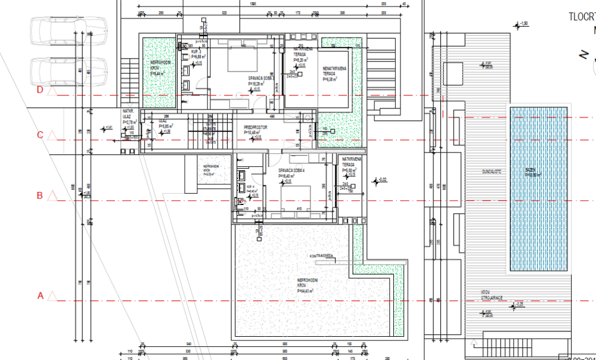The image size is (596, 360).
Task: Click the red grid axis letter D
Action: (41, 90)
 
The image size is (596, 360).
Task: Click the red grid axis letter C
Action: (41, 135)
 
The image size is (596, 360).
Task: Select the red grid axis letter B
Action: (41, 195)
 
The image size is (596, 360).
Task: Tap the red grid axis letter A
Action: (41, 295)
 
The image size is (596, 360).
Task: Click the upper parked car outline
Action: (67, 29)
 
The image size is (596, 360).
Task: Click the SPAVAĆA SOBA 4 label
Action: (292, 170)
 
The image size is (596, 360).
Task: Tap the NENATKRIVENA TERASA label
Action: (335, 71)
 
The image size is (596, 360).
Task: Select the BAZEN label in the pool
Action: (530, 170)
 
